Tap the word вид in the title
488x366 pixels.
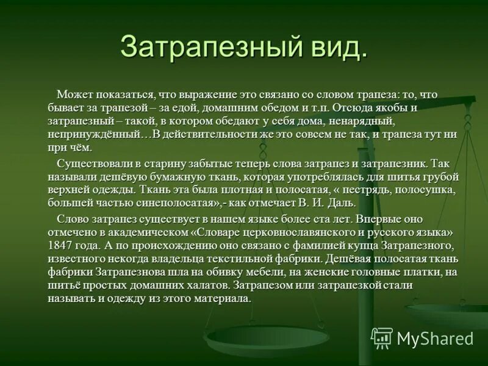(335, 48)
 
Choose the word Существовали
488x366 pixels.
(90, 163)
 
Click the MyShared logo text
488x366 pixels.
(435, 338)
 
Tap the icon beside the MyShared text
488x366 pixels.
(382, 337)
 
